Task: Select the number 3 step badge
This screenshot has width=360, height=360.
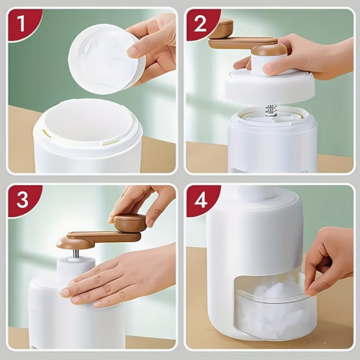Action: point(21,199)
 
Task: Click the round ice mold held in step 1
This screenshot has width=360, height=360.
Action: point(104,58)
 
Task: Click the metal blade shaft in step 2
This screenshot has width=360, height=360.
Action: point(271,110)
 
